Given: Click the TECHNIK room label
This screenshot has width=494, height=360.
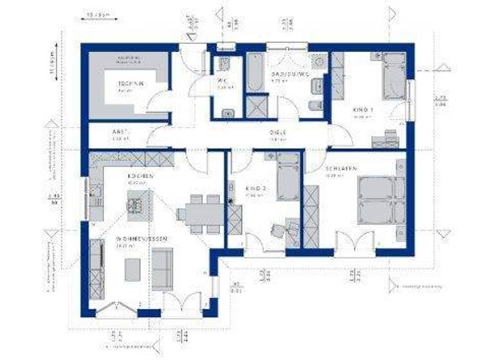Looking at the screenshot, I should (x=129, y=84).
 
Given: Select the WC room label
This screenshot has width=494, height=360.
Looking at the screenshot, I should (x=223, y=80).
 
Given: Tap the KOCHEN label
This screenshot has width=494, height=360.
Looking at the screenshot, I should (x=140, y=175).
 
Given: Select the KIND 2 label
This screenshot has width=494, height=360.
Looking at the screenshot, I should (x=256, y=188).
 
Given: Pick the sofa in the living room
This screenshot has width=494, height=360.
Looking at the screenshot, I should (x=162, y=267).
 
